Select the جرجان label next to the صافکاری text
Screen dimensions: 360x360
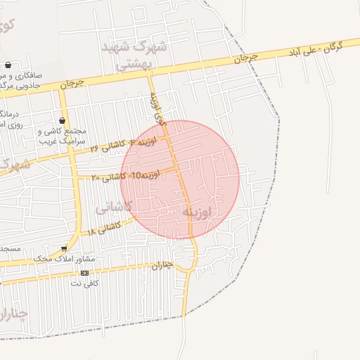[71, 83]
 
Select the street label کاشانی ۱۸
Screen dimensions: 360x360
[105, 228]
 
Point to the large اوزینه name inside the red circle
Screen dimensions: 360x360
[196, 211]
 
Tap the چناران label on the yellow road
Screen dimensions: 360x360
[162, 266]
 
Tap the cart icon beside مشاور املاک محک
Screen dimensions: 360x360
[64, 248]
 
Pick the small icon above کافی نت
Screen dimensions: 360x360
[85, 273]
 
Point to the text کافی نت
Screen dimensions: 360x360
[84, 283]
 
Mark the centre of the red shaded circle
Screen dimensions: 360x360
[180, 180]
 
